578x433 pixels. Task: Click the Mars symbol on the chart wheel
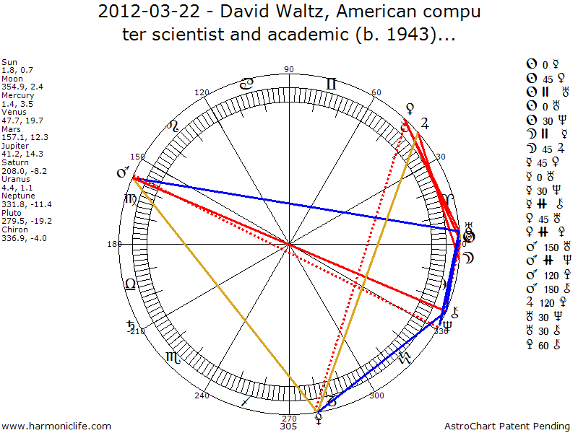(x=124, y=173)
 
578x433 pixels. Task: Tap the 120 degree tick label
(x=202, y=92)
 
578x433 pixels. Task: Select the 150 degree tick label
(x=137, y=157)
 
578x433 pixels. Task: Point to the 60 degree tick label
(x=376, y=92)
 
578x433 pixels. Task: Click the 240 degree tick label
(x=202, y=395)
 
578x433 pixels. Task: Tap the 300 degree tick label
(x=376, y=395)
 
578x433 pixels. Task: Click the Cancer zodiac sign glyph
(x=246, y=84)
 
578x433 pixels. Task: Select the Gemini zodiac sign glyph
(x=331, y=84)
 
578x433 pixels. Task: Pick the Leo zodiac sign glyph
(x=173, y=127)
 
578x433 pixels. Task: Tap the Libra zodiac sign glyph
(x=131, y=284)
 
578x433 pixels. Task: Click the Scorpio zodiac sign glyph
(x=173, y=357)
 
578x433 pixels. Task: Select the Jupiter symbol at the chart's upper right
(x=425, y=123)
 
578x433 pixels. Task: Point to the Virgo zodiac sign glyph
(x=130, y=199)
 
